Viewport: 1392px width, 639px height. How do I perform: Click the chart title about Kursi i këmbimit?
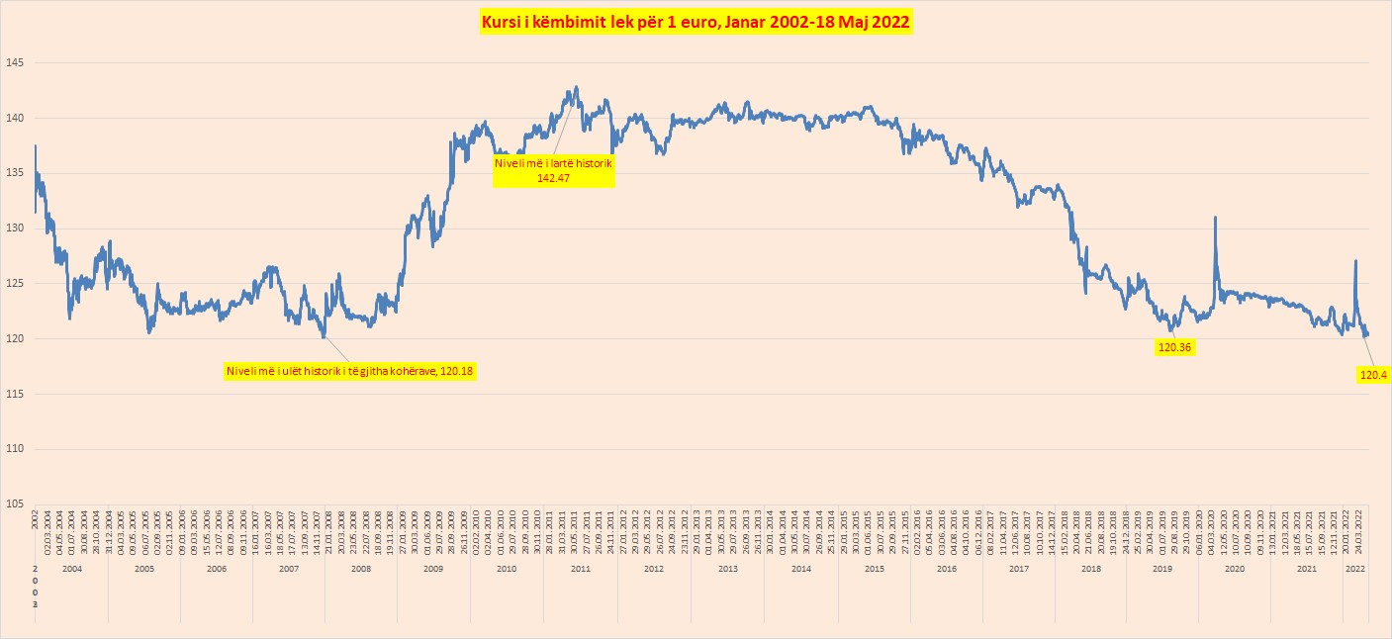696,22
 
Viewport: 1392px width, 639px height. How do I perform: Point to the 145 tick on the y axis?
16,63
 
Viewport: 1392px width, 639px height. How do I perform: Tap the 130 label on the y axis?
16,228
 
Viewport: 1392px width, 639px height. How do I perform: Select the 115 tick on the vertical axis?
16,394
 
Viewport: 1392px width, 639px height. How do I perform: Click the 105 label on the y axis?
16,504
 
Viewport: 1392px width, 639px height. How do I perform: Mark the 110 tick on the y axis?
16,449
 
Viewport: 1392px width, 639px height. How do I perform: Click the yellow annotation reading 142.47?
555,170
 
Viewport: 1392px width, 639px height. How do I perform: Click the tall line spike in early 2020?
1215,218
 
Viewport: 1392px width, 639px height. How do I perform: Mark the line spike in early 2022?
1355,261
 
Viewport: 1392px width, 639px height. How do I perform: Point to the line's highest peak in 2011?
576,87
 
